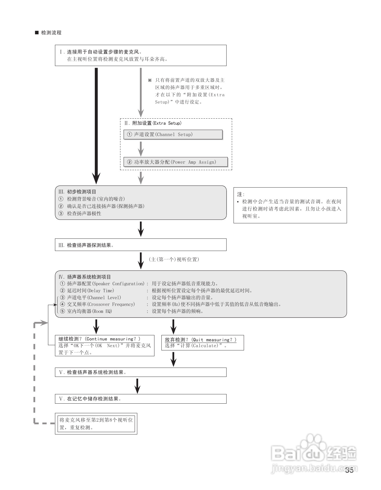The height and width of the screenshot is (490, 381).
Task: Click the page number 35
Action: (349, 471)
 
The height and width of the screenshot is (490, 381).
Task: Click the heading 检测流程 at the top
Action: (51, 33)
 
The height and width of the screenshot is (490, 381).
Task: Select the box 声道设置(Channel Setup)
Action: (173, 134)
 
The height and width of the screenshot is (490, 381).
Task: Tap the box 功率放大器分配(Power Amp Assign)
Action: (175, 162)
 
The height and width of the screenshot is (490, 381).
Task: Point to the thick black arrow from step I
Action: (96, 125)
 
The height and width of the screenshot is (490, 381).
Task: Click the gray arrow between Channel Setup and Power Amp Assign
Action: (141, 149)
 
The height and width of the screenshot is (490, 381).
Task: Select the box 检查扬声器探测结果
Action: (140, 245)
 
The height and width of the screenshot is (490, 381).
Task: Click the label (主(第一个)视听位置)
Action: (174, 259)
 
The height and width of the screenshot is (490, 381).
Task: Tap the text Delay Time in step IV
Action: (101, 291)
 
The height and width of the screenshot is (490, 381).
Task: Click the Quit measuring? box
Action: (202, 343)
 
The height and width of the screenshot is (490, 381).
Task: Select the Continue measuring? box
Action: (104, 345)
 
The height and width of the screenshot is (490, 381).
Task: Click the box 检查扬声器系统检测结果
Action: (140, 372)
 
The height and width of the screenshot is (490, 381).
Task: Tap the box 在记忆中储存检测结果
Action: (140, 399)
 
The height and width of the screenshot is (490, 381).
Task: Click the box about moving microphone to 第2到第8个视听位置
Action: (96, 424)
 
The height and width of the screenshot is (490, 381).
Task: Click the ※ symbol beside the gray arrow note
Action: (150, 80)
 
